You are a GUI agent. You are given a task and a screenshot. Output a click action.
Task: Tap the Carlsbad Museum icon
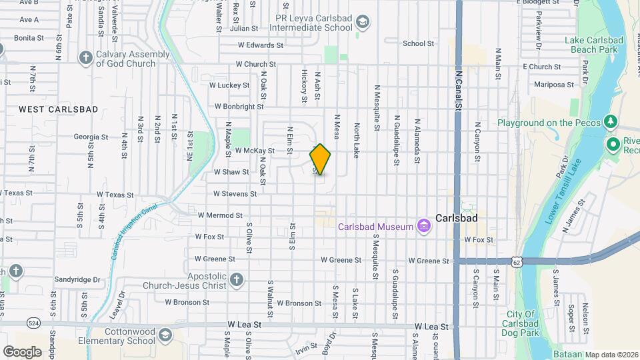point(423,227)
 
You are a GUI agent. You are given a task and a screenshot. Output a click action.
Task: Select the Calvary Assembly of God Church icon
point(85,58)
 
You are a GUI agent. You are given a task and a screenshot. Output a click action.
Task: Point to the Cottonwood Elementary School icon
point(165,335)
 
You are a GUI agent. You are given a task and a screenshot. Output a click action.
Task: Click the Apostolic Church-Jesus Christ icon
point(237,279)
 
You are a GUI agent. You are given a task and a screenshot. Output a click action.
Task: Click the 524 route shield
point(33,323)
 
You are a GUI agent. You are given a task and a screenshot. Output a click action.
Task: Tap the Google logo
point(22,351)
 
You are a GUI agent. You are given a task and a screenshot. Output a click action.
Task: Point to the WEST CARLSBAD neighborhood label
point(59,109)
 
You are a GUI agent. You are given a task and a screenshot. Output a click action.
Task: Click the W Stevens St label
point(235,194)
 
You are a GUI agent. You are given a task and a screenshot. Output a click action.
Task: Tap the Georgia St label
point(91,137)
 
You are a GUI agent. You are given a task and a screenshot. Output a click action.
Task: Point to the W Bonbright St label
point(239,107)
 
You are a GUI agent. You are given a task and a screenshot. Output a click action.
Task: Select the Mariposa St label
point(553,85)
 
